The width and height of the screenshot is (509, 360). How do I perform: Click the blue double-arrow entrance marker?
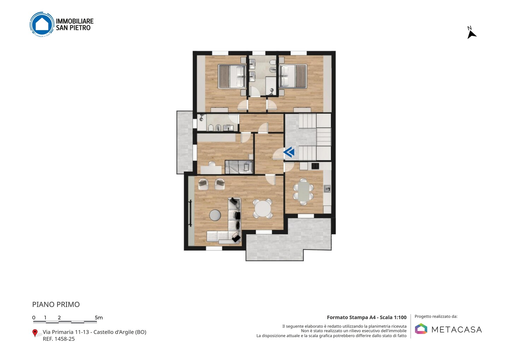pyautogui.click(x=289, y=152)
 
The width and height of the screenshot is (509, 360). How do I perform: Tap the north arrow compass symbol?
pyautogui.click(x=471, y=34)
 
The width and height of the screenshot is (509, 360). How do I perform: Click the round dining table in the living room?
pyautogui.click(x=262, y=209)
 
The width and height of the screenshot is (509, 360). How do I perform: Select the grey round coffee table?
pyautogui.click(x=215, y=215)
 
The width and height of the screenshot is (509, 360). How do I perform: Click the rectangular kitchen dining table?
pyautogui.click(x=304, y=192)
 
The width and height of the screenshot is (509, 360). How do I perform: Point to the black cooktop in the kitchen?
pyautogui.click(x=315, y=166)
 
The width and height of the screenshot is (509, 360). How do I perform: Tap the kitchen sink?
pyautogui.click(x=327, y=188)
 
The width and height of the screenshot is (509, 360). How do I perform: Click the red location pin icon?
pyautogui.click(x=35, y=333)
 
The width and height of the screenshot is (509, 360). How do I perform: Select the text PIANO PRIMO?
pyautogui.click(x=56, y=304)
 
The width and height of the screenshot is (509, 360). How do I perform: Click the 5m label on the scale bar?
pyautogui.click(x=99, y=318)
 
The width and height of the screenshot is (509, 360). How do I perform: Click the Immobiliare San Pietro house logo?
pyautogui.click(x=42, y=24)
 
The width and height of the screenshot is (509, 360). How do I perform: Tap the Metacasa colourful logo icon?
pyautogui.click(x=421, y=329)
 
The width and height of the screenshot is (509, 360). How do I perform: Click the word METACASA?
pyautogui.click(x=457, y=330)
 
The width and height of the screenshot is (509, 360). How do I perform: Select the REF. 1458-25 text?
pyautogui.click(x=59, y=339)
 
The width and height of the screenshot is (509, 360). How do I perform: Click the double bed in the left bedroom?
pyautogui.click(x=232, y=76)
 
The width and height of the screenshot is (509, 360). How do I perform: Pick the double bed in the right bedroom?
pyautogui.click(x=293, y=76)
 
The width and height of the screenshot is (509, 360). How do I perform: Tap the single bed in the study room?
pyautogui.click(x=239, y=167)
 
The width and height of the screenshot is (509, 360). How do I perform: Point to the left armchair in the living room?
pyautogui.click(x=203, y=184)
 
